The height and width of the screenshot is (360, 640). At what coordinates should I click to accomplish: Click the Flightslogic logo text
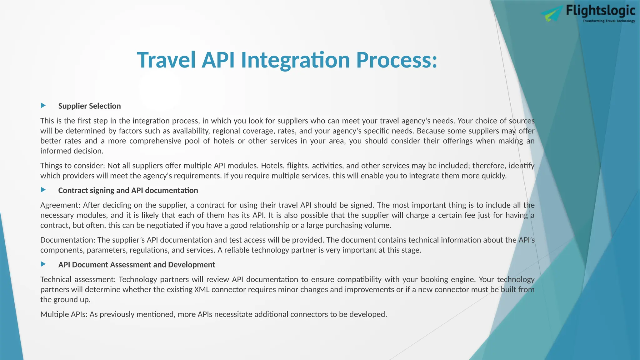(600, 11)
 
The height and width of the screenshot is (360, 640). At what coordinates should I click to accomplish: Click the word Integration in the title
(295, 60)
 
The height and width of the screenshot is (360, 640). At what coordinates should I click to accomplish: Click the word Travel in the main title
(166, 60)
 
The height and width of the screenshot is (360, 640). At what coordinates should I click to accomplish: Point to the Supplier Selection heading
(89, 106)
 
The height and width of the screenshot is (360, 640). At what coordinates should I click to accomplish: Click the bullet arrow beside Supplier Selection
(43, 106)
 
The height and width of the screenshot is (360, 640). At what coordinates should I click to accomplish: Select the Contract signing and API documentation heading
(128, 190)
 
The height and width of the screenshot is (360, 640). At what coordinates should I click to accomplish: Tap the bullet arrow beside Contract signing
(43, 190)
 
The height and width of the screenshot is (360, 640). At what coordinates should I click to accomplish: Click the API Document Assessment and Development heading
(137, 265)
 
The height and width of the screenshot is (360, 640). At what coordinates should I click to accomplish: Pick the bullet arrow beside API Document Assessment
(43, 264)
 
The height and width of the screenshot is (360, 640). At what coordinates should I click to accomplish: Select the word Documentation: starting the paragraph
(68, 240)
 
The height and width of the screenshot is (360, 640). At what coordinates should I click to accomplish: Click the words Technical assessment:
(78, 279)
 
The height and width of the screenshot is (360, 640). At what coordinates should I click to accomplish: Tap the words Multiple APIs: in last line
(64, 314)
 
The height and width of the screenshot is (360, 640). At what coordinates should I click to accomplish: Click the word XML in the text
(202, 290)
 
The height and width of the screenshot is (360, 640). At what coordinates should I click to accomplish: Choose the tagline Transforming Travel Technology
(609, 21)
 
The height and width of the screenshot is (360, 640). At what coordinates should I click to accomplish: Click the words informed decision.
(72, 151)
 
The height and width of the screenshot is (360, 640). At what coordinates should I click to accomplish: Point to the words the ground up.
(65, 300)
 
